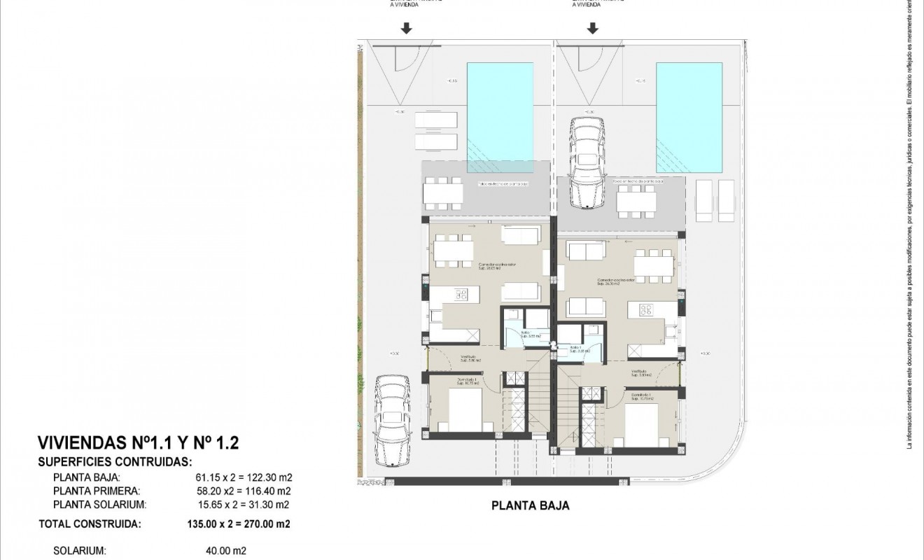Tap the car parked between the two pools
coord(587,164)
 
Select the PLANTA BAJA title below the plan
coord(531,506)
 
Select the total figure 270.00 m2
coord(266,523)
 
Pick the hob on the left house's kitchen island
coord(461,295)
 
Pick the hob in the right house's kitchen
coord(646,309)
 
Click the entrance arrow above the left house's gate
coord(406,29)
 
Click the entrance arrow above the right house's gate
coord(593,29)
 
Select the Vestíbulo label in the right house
coord(638,372)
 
